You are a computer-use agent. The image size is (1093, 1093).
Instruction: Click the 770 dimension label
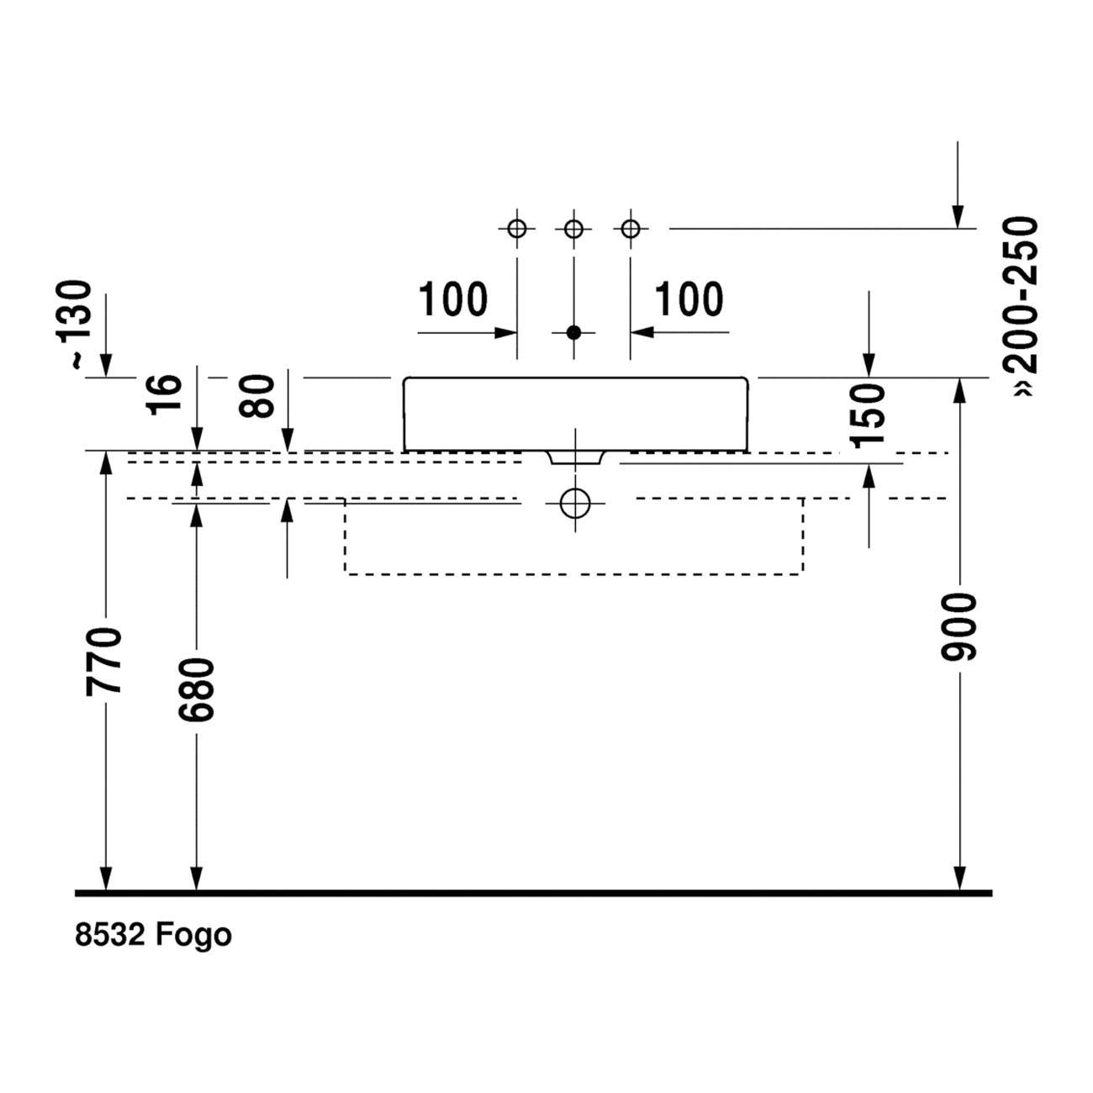tap(103, 662)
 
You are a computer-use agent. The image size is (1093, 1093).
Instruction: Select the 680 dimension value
tap(196, 689)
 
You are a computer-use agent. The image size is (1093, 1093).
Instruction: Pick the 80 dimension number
tap(256, 396)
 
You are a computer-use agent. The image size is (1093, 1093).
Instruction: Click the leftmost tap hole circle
tap(517, 230)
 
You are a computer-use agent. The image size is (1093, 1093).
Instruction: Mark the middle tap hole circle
tap(574, 230)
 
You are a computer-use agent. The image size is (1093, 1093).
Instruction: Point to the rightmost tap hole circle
tap(631, 230)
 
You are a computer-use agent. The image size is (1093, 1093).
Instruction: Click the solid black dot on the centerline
tap(574, 332)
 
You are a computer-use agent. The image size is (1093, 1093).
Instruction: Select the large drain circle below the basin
tap(574, 503)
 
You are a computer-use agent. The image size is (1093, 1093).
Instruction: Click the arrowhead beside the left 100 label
tap(504, 332)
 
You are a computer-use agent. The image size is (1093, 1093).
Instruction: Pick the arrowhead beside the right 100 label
tap(642, 332)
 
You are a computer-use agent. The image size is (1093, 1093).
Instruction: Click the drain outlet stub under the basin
tap(574, 458)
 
